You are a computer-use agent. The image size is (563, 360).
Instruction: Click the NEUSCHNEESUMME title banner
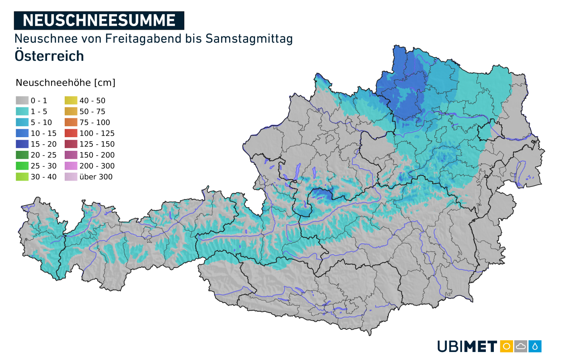pyautogui.click(x=99, y=21)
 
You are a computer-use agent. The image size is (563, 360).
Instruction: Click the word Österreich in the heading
pyautogui.click(x=49, y=56)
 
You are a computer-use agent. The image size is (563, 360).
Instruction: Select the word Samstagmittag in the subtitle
pyautogui.click(x=249, y=39)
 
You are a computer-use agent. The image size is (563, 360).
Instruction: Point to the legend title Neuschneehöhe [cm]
pyautogui.click(x=66, y=82)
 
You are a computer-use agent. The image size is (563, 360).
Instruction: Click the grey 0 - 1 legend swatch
pyautogui.click(x=22, y=101)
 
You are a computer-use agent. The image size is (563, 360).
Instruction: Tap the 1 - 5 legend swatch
pyautogui.click(x=22, y=111)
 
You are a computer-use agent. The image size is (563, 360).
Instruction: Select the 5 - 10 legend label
pyautogui.click(x=41, y=122)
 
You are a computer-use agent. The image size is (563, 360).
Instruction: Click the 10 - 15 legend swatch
pyautogui.click(x=22, y=133)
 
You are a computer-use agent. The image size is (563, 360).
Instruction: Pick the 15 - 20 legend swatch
pyautogui.click(x=22, y=144)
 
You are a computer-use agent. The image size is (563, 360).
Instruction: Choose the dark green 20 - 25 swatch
pyautogui.click(x=22, y=155)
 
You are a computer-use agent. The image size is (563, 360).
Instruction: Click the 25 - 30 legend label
pyautogui.click(x=43, y=166)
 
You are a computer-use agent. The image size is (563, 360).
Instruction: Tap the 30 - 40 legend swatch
pyautogui.click(x=22, y=177)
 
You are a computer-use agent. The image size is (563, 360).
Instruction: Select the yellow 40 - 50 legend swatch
pyautogui.click(x=71, y=101)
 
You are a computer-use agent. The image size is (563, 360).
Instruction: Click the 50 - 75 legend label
pyautogui.click(x=92, y=111)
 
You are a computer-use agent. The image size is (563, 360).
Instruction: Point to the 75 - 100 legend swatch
pyautogui.click(x=71, y=122)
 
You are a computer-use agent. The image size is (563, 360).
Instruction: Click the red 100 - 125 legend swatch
pyautogui.click(x=71, y=133)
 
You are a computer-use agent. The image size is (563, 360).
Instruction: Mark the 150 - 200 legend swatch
pyautogui.click(x=71, y=155)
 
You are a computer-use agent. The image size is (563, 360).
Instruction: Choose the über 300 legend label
pyautogui.click(x=96, y=177)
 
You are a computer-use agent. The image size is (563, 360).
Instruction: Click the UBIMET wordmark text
pyautogui.click(x=467, y=346)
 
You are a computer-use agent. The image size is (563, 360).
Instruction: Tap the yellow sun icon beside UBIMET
pyautogui.click(x=506, y=346)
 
